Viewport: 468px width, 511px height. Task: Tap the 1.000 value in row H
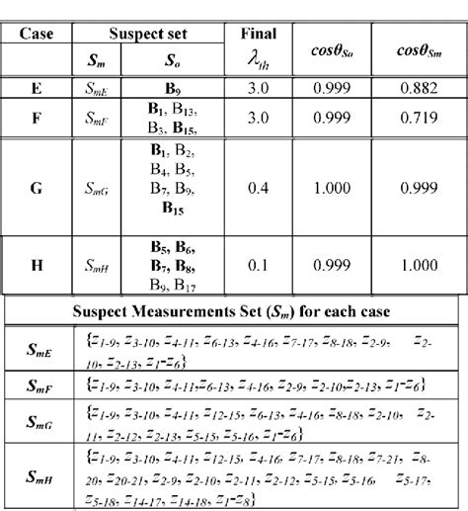[417, 265]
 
